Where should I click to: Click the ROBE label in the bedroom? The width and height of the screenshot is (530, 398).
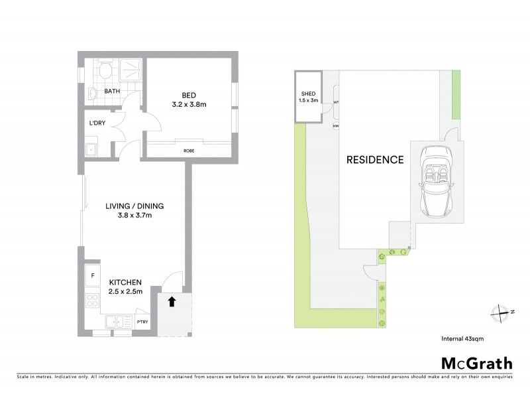[189, 151]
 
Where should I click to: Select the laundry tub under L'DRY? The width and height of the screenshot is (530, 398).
[91, 149]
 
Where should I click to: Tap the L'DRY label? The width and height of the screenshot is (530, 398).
[97, 123]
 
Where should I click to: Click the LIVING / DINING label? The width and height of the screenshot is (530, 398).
[134, 206]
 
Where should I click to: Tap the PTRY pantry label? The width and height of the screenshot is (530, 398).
[142, 322]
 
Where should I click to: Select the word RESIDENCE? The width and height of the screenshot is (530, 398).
[375, 160]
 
